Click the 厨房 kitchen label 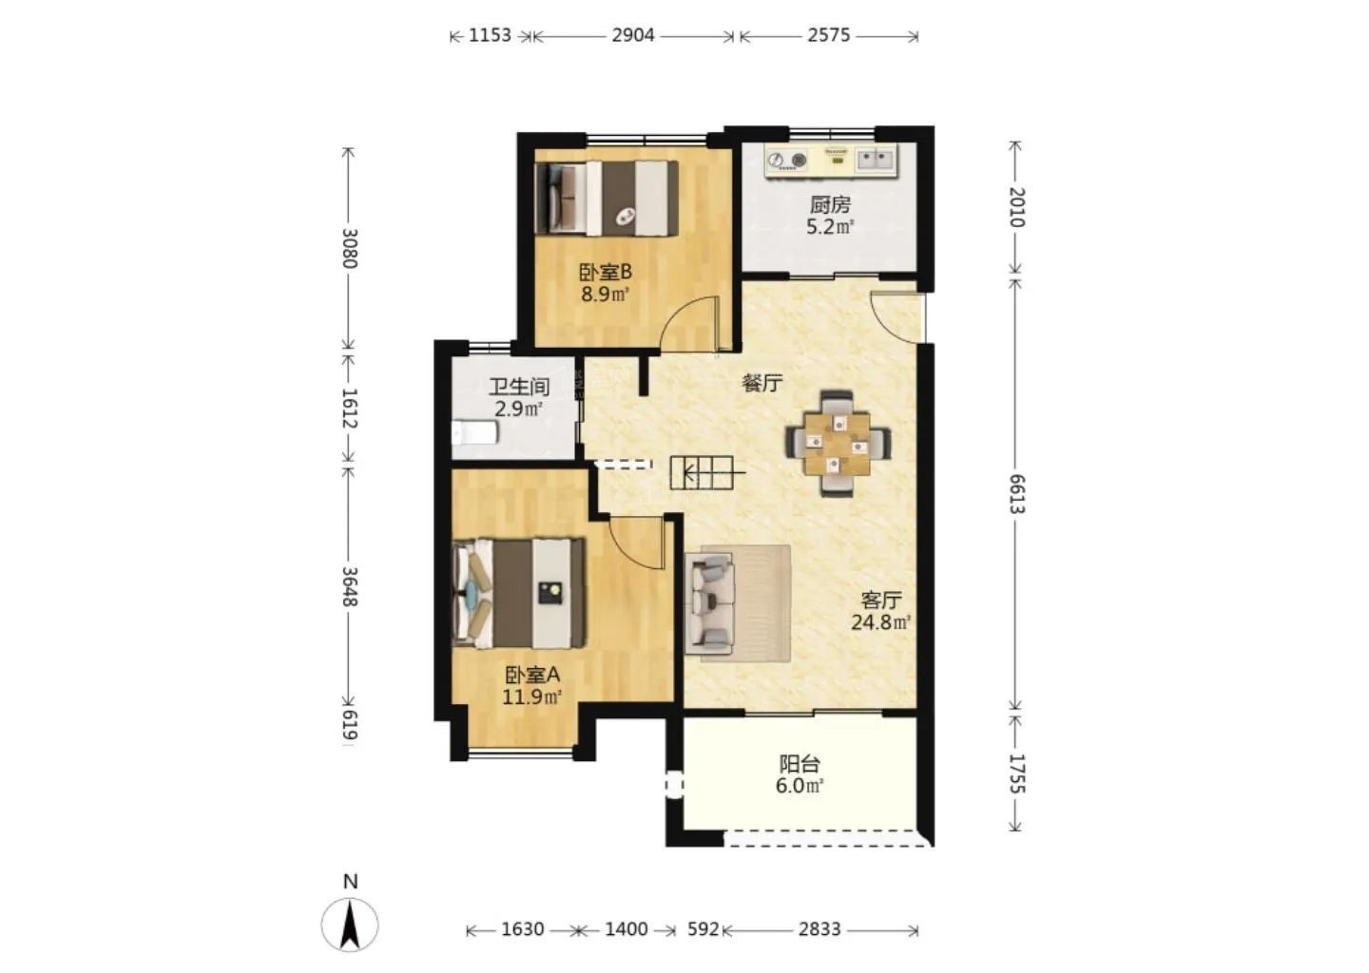(x=829, y=204)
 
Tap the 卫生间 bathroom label (x=518, y=387)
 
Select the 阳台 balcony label (x=800, y=764)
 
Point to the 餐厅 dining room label (x=762, y=383)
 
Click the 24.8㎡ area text (x=880, y=622)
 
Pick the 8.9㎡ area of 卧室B (x=605, y=295)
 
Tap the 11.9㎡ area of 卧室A (x=531, y=696)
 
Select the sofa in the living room (x=710, y=601)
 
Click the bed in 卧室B (x=607, y=198)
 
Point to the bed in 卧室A (x=518, y=593)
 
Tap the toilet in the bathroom (x=475, y=432)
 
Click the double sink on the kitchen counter (x=876, y=160)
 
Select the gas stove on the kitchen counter (x=786, y=161)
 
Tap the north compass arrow (x=350, y=925)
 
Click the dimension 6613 (x=1015, y=493)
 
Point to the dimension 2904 (x=633, y=35)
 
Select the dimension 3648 (x=349, y=586)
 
